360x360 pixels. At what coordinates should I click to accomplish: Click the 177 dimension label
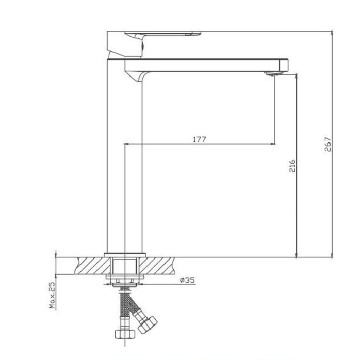point(199,139)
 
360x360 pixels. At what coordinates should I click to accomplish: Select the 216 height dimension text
point(292,166)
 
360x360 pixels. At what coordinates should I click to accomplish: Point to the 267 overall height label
point(328,144)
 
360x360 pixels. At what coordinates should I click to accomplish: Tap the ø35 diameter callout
point(187,280)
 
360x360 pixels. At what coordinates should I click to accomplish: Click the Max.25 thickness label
point(52,295)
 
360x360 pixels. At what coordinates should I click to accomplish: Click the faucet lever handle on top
point(163,34)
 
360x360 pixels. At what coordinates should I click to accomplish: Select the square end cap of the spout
point(284,65)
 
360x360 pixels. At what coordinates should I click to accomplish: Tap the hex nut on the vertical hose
point(125,334)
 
